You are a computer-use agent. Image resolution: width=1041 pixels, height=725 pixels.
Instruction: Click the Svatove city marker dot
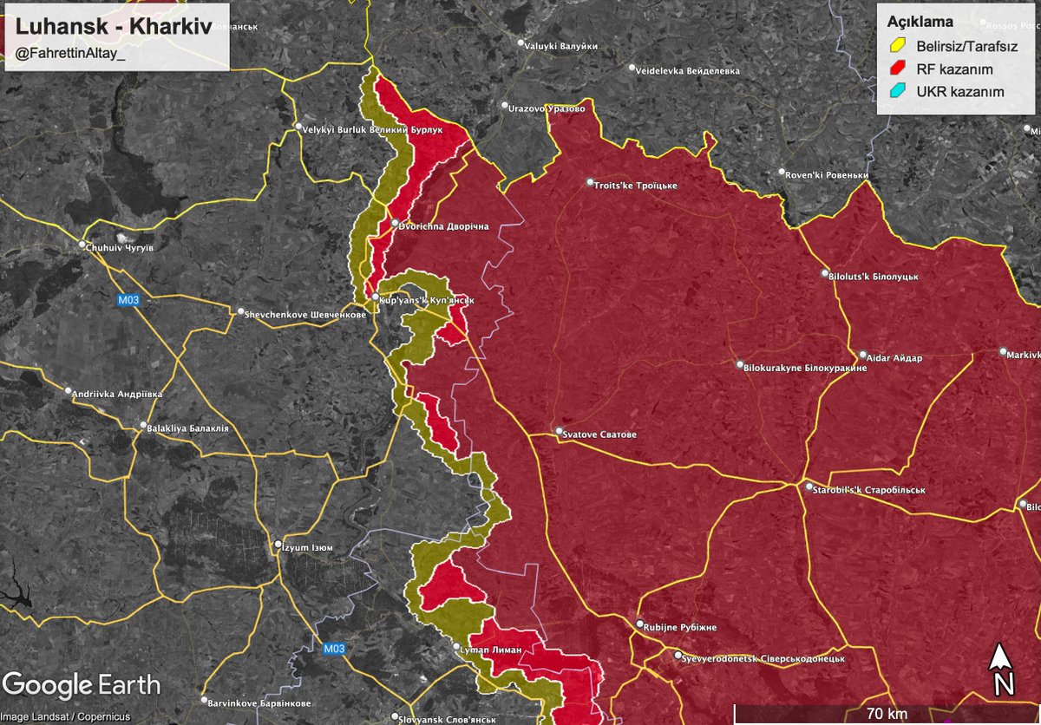(560, 431)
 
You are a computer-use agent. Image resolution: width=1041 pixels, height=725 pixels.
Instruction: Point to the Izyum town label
(308, 547)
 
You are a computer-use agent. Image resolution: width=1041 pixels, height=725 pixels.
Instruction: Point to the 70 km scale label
(886, 714)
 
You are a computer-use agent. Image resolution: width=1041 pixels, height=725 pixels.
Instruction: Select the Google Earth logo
(81, 684)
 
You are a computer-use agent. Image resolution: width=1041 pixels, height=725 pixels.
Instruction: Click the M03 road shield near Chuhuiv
(127, 300)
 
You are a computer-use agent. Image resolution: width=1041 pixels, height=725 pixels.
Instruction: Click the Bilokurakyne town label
(806, 367)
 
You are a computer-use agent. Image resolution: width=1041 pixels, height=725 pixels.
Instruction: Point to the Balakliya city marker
(144, 427)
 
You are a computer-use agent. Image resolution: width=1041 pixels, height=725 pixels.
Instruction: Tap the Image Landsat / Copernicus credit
(66, 716)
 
